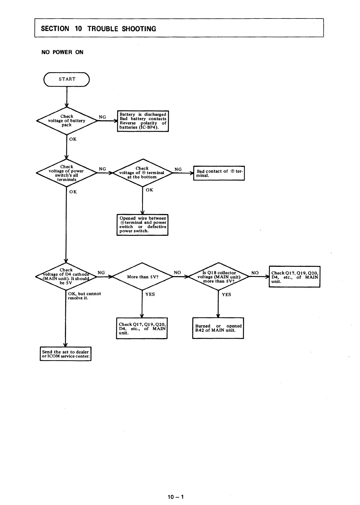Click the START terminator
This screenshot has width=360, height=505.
[67, 79]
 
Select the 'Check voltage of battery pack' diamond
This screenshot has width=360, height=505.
[67, 121]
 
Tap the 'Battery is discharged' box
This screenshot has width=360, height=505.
[143, 121]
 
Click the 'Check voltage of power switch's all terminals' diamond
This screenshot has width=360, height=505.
[67, 173]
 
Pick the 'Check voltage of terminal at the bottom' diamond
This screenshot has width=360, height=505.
[142, 173]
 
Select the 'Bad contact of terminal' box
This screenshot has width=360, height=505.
[219, 173]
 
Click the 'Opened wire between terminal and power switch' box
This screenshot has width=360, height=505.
[142, 225]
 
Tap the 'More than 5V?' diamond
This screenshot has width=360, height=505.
[142, 277]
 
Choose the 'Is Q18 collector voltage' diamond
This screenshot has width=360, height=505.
[219, 277]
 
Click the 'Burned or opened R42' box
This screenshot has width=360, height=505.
[218, 328]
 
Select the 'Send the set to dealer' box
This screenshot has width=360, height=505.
[66, 354]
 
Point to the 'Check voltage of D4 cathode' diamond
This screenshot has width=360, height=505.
[66, 276]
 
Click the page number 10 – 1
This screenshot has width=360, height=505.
[176, 497]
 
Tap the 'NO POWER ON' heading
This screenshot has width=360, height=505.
[62, 52]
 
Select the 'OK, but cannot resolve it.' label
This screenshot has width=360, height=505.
[84, 296]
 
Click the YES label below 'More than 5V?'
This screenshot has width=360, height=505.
[150, 294]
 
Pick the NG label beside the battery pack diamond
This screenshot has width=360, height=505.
[102, 117]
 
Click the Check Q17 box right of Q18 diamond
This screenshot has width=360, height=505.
[294, 277]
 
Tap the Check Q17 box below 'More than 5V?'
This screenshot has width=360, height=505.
[142, 328]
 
